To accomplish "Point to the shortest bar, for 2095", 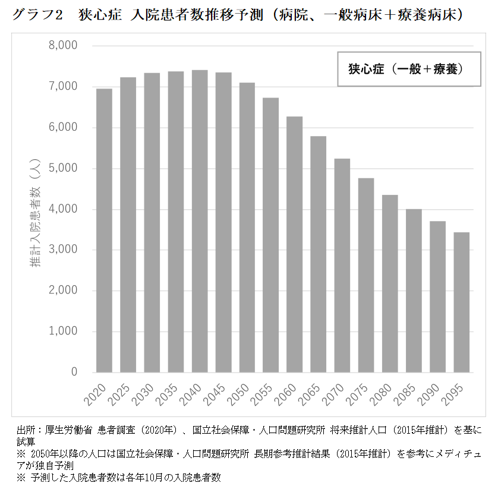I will (x=461, y=302).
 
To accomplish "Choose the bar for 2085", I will (x=414, y=291).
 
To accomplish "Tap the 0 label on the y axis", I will (x=74, y=373).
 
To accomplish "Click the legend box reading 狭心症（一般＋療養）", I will (x=409, y=70).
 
